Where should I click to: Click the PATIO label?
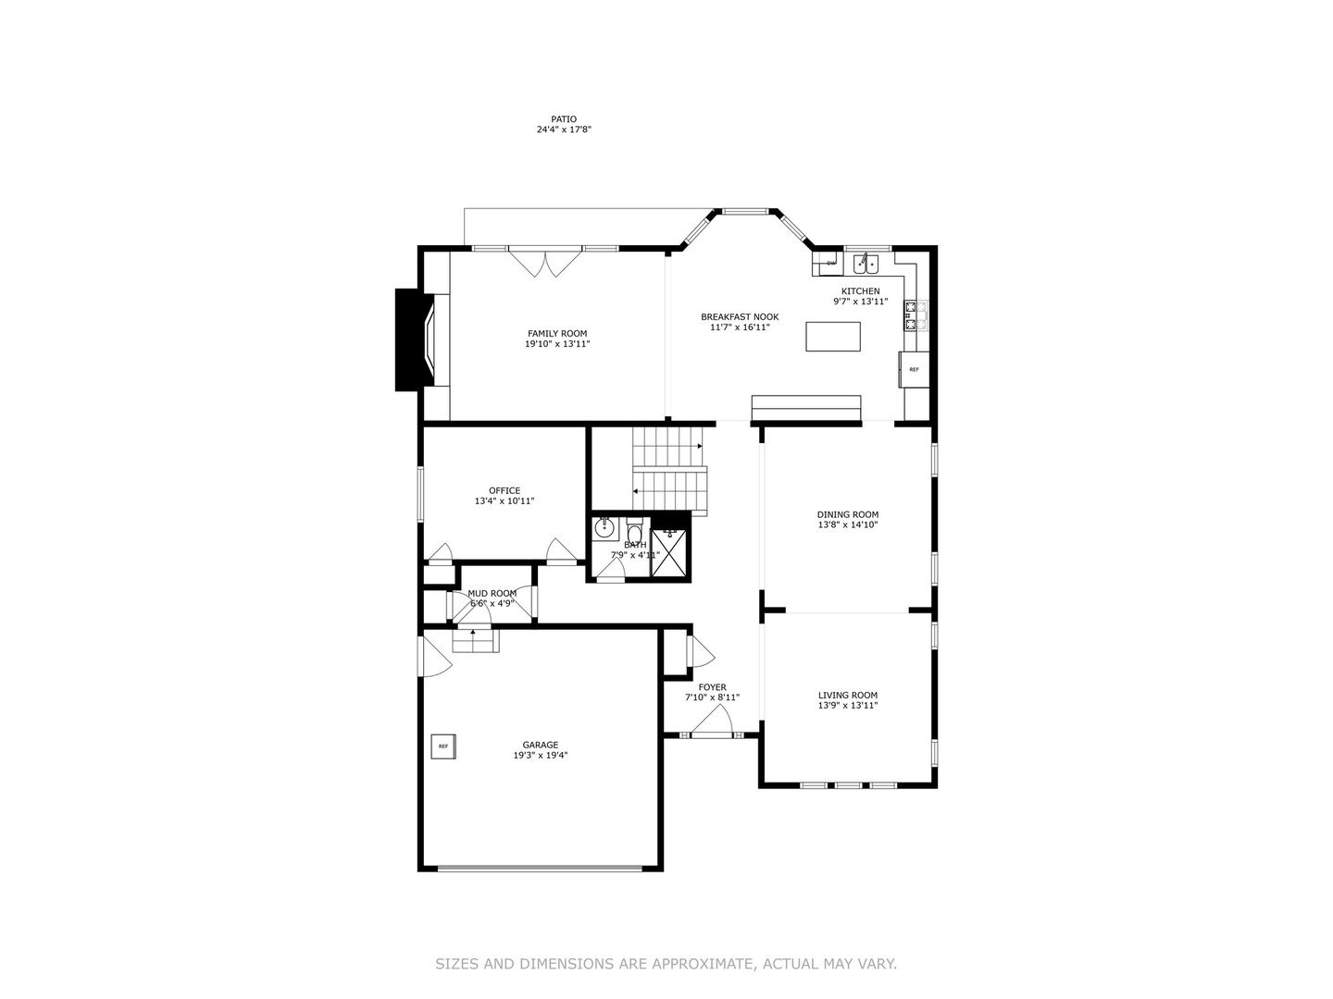pyautogui.click(x=563, y=119)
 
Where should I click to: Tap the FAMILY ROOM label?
pyautogui.click(x=557, y=334)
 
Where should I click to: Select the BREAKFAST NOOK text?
pyautogui.click(x=739, y=316)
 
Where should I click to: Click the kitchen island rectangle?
pyautogui.click(x=832, y=337)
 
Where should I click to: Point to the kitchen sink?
pyautogui.click(x=866, y=265)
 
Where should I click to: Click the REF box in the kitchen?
pyautogui.click(x=914, y=369)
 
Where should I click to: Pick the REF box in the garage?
pyautogui.click(x=443, y=746)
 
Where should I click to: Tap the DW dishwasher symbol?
pyautogui.click(x=831, y=264)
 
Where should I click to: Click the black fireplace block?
pyautogui.click(x=414, y=339)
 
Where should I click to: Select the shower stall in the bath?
pyautogui.click(x=669, y=552)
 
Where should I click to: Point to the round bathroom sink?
pyautogui.click(x=604, y=528)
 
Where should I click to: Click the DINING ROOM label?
pyautogui.click(x=847, y=515)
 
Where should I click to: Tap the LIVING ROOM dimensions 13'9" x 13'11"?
pyautogui.click(x=848, y=706)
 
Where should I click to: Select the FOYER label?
pyautogui.click(x=713, y=687)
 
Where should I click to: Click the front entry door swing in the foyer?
pyautogui.click(x=712, y=721)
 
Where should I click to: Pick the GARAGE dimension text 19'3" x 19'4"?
pyautogui.click(x=541, y=755)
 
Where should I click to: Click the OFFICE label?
pyautogui.click(x=505, y=490)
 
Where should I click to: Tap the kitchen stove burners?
pyautogui.click(x=911, y=315)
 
